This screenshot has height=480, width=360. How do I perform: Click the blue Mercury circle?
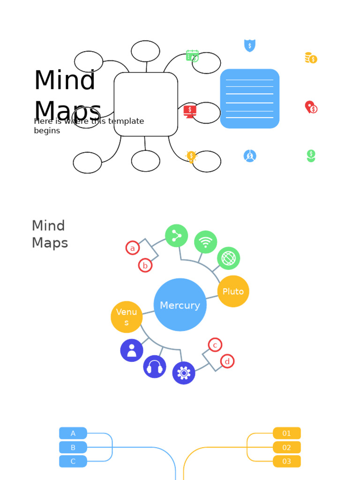click(x=180, y=305)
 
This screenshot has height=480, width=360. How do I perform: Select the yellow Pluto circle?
click(x=233, y=291)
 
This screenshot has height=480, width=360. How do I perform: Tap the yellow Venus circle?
click(x=127, y=317)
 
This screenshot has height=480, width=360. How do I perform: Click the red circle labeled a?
click(x=133, y=248)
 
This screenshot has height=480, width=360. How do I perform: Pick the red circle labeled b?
click(x=145, y=265)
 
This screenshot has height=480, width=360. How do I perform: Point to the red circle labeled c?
click(x=215, y=345)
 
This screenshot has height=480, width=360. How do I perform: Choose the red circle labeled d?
click(x=227, y=361)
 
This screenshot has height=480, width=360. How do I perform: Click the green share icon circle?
click(x=177, y=236)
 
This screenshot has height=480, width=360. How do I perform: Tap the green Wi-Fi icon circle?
click(x=205, y=242)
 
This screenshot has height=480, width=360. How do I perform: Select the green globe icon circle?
click(x=229, y=258)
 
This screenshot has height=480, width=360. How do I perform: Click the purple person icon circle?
click(x=132, y=350)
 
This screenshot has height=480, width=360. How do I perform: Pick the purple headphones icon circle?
click(x=155, y=367)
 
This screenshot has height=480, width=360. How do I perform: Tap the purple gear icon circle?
click(x=184, y=373)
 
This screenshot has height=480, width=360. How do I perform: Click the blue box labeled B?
click(x=73, y=447)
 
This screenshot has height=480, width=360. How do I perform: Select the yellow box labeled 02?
click(x=287, y=447)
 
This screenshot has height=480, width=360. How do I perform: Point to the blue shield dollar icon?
click(x=250, y=45)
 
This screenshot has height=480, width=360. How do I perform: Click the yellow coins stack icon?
click(x=311, y=58)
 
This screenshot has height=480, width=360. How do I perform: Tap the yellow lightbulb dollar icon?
click(x=191, y=156)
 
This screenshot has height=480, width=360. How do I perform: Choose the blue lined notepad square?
click(x=250, y=98)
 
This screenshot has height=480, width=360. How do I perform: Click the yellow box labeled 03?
click(x=287, y=461)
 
